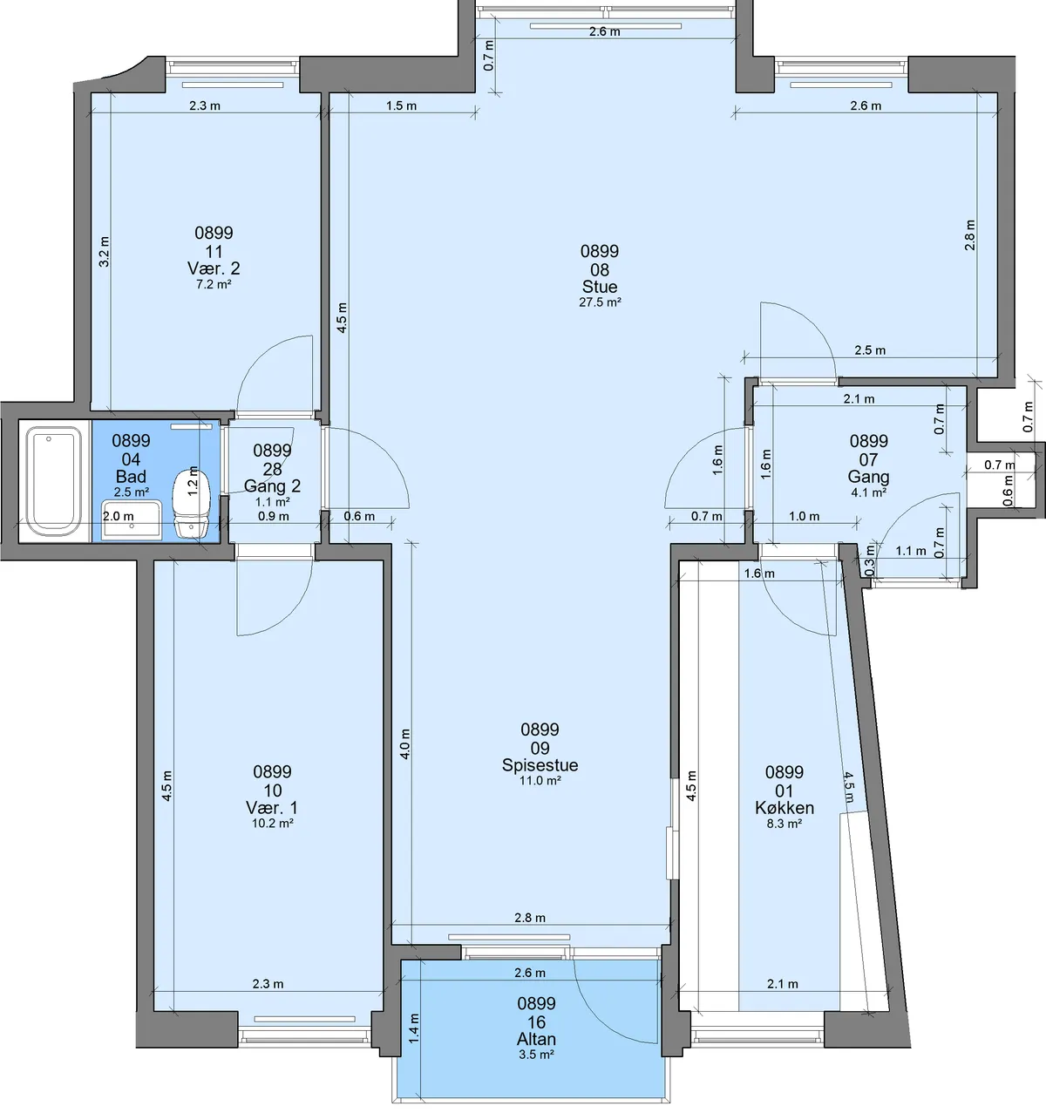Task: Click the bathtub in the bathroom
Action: click(x=54, y=481)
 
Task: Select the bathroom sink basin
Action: click(x=132, y=520)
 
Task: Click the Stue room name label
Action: click(x=599, y=287)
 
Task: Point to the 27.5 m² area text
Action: click(x=600, y=302)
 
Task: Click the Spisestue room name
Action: click(x=540, y=764)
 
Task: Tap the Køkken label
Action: click(x=784, y=808)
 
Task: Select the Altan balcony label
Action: click(x=536, y=1038)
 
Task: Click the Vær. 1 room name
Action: click(x=272, y=808)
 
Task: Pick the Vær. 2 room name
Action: click(x=214, y=268)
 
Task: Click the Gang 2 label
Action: click(x=273, y=485)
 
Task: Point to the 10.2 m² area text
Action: click(x=273, y=824)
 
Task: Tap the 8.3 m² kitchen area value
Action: click(x=784, y=824)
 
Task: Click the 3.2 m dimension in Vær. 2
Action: click(x=105, y=252)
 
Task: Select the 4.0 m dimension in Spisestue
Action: click(x=405, y=743)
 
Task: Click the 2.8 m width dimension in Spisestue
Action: click(x=530, y=918)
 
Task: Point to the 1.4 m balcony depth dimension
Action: click(x=414, y=1028)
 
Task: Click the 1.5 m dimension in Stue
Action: click(x=401, y=105)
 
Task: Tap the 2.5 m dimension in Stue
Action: click(x=870, y=350)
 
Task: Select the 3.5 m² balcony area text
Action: click(x=536, y=1054)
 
